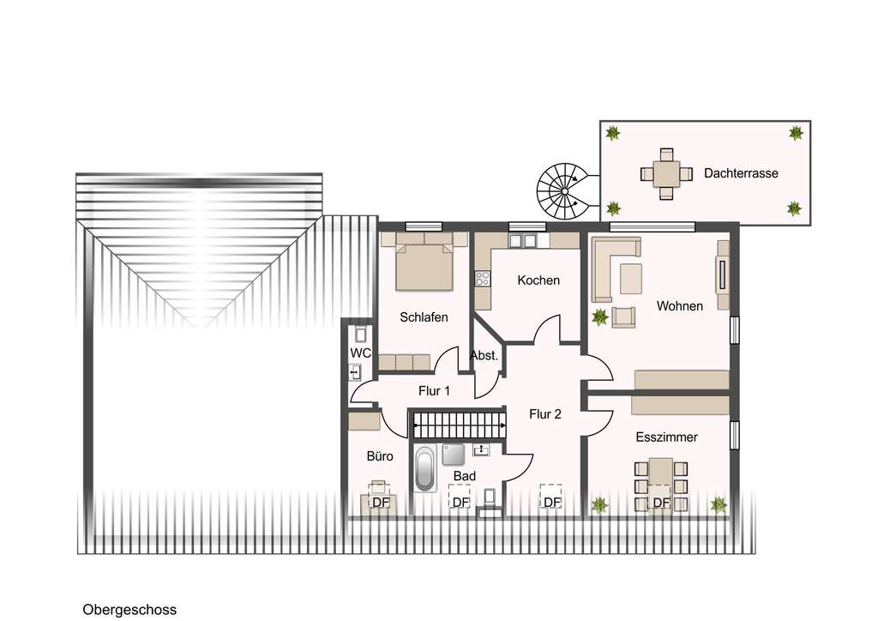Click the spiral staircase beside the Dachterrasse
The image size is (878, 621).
(562, 190)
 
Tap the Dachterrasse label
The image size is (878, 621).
(741, 173)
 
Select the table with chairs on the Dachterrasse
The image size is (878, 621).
(665, 173)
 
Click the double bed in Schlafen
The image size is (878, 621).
(424, 265)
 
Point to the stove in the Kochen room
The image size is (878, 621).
(483, 278)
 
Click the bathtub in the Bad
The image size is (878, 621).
(424, 468)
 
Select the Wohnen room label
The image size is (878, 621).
(680, 306)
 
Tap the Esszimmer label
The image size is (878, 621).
(666, 437)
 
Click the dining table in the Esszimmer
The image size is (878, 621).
(660, 473)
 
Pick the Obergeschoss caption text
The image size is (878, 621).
(129, 610)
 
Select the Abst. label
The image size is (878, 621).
(484, 355)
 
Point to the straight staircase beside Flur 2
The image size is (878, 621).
(459, 424)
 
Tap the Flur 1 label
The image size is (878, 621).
(435, 391)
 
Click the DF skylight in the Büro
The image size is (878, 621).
(381, 502)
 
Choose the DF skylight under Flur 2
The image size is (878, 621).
(551, 502)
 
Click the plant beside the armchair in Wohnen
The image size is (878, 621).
(600, 317)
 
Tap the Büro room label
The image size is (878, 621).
(380, 456)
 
